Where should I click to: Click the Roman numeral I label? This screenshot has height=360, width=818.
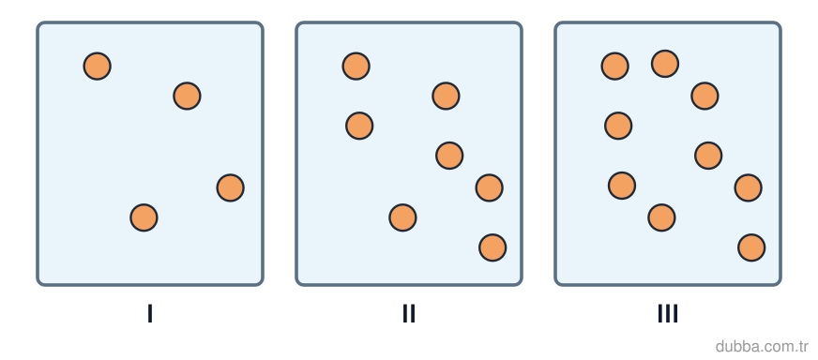click(150, 313)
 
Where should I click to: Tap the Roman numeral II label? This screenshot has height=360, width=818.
click(408, 313)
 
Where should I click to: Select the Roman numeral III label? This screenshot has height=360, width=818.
click(668, 313)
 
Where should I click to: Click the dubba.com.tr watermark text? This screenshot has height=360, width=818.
click(761, 346)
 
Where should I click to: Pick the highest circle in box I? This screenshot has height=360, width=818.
click(97, 67)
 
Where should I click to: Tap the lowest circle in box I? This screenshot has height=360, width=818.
click(144, 217)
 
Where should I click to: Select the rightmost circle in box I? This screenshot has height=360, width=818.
click(231, 187)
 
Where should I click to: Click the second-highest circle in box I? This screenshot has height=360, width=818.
click(188, 96)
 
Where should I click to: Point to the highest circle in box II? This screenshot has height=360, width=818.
click(356, 67)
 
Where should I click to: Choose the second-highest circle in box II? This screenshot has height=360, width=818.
click(446, 96)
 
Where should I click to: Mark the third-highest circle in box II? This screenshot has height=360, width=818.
click(359, 126)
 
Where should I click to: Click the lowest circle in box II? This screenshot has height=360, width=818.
click(492, 247)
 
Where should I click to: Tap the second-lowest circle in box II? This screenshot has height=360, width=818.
click(402, 217)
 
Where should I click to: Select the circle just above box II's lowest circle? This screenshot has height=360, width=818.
click(402, 217)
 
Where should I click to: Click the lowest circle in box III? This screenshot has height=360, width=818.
click(751, 247)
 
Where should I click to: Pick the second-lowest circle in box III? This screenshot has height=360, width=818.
click(662, 217)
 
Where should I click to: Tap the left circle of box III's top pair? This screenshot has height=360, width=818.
click(615, 67)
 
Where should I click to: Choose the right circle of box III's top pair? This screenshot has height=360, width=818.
click(665, 64)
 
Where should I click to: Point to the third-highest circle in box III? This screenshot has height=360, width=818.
click(704, 96)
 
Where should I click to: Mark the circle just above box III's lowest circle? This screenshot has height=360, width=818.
click(662, 217)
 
